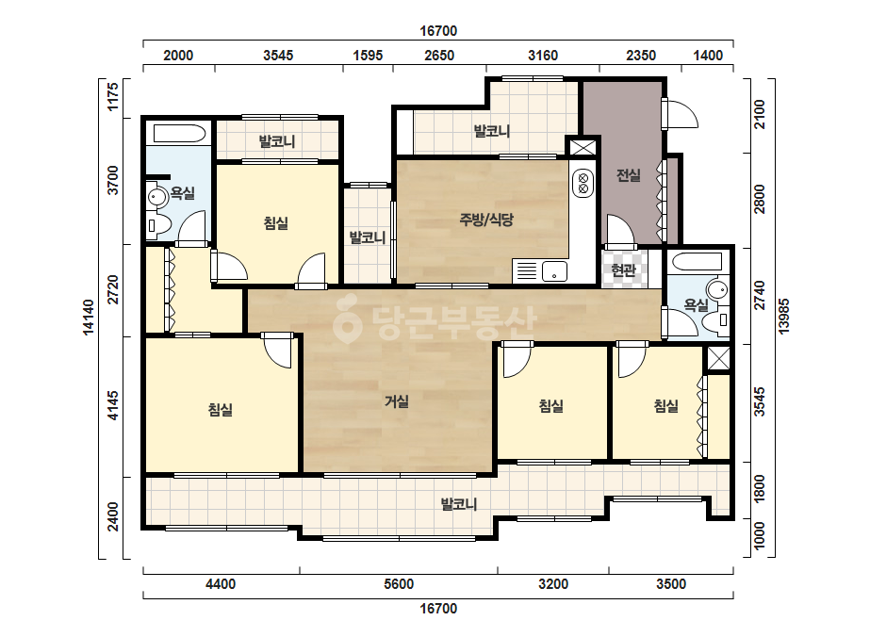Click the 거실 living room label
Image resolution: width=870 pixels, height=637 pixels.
pos(397,400)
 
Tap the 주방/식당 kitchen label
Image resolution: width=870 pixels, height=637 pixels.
pos(486,220)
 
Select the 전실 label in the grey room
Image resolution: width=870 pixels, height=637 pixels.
pos(628,175)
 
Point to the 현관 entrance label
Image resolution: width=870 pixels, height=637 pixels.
pos(623,270)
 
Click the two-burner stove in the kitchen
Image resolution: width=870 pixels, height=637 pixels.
pos(583,184)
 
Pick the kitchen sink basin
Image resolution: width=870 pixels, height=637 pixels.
pos(554,271)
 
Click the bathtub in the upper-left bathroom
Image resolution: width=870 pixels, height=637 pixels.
pos(179,134)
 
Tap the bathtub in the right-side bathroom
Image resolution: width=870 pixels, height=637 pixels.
pos(696,261)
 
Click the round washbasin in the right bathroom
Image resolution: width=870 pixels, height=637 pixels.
pos(717,289)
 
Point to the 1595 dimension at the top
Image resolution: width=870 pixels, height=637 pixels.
pos(368,56)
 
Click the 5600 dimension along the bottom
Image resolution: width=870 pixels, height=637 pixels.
pos(399,583)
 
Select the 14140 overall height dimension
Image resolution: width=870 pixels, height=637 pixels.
pos(89,318)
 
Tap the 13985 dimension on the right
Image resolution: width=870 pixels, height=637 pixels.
pos(783,317)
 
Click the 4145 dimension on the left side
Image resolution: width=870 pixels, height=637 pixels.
pos(112,405)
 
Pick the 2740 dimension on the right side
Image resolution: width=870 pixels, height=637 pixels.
pos(760,295)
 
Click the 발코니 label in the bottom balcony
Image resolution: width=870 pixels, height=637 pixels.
pos(459,504)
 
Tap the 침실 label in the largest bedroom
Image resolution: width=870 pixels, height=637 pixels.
pos(221,410)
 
